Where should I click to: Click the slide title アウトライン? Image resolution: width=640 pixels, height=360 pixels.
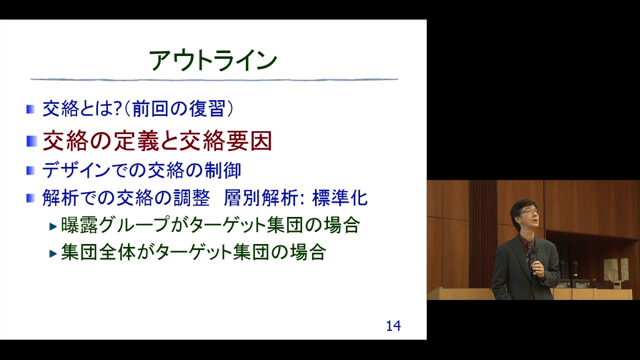(x=213, y=61)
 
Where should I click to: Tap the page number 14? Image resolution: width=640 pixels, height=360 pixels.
(x=393, y=326)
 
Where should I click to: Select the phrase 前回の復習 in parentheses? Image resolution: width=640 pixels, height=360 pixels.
(x=178, y=109)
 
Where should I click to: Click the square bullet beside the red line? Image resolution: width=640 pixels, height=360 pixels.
(x=31, y=141)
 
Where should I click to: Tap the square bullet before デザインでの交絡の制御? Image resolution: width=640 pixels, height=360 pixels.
(x=31, y=170)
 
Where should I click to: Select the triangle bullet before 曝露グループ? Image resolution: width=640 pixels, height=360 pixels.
(x=53, y=226)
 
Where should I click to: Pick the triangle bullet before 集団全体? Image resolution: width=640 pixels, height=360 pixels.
(x=53, y=253)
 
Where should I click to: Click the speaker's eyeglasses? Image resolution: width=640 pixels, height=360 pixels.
(x=529, y=212)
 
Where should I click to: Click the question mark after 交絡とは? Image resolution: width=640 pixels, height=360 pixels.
(x=118, y=109)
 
